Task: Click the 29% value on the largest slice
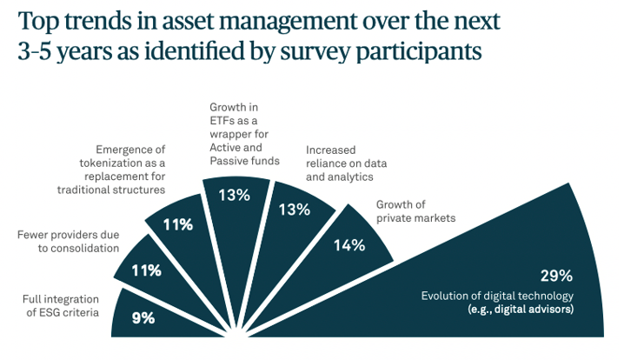[555, 276]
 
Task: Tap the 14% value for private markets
[349, 245]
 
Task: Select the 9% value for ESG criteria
[143, 317]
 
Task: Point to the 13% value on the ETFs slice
[234, 195]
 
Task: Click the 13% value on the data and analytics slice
[293, 209]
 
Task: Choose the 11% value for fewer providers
[145, 270]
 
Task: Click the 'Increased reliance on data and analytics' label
[346, 162]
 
